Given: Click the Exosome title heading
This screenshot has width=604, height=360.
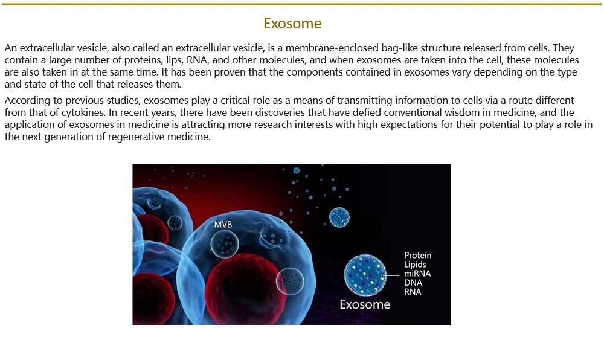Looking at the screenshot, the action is (x=292, y=24).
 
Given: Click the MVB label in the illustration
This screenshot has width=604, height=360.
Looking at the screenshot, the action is (x=223, y=224).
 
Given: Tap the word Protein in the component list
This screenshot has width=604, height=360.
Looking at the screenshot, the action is (x=417, y=256).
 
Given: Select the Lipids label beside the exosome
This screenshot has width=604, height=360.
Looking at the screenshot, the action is (x=415, y=265).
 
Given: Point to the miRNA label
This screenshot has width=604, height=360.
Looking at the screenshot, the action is (x=417, y=274).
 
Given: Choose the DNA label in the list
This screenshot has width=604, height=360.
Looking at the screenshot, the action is (x=413, y=283).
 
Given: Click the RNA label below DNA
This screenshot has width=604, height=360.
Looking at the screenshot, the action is (x=413, y=292).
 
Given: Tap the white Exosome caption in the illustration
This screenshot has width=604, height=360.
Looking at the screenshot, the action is (x=365, y=304).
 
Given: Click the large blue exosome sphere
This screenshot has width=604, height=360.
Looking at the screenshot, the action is (x=365, y=275).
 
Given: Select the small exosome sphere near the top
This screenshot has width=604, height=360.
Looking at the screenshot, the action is (x=339, y=217).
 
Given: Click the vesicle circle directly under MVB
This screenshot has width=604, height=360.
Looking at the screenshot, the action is (x=225, y=243).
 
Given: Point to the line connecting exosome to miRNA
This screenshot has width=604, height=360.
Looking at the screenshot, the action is (x=392, y=275).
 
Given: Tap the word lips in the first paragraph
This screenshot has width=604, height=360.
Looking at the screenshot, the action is (x=174, y=60).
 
